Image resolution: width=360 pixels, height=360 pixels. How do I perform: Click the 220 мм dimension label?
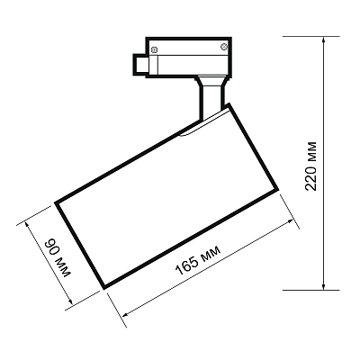click(310, 166)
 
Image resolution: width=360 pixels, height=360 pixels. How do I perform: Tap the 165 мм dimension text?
click(198, 260)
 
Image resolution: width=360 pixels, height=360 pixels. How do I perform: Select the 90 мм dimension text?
click(58, 258)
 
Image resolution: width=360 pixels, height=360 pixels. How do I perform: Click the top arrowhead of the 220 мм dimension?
click(323, 41)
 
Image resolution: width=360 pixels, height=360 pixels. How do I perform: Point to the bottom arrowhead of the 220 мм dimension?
click(323, 285)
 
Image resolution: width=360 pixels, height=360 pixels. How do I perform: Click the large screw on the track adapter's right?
click(224, 47)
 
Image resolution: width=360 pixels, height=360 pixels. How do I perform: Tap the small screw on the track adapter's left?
click(155, 49)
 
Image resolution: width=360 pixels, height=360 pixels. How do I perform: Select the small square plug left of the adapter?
click(140, 64)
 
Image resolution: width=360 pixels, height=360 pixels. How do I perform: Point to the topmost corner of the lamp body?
click(229, 104)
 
